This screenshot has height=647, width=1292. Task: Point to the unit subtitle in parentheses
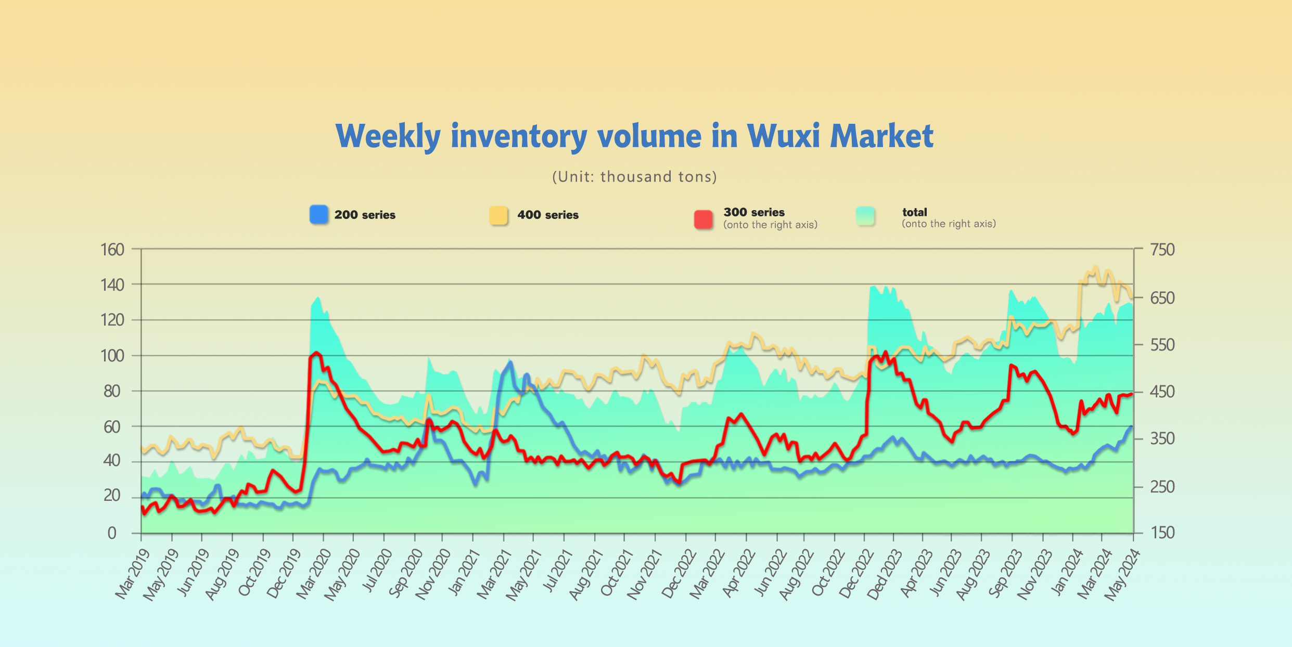tap(634, 177)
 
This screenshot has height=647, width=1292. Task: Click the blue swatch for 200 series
tap(319, 214)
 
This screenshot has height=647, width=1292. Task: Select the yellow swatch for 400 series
tap(498, 215)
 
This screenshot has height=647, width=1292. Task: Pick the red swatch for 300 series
tap(703, 219)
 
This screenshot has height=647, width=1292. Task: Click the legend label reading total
tap(914, 212)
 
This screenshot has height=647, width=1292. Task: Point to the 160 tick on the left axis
tap(112, 250)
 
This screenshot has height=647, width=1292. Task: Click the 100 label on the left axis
tap(112, 356)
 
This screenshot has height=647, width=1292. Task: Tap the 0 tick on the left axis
tap(112, 533)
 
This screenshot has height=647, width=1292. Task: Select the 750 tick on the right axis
tap(1162, 250)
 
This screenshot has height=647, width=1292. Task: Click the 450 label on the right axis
tap(1162, 392)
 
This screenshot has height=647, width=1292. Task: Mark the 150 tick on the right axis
tap(1162, 533)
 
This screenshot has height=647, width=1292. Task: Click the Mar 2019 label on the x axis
tap(133, 574)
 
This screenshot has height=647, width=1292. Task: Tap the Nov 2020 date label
tap(433, 574)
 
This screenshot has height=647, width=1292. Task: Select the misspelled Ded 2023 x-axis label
tap(884, 574)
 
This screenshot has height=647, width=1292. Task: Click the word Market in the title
tap(881, 136)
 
